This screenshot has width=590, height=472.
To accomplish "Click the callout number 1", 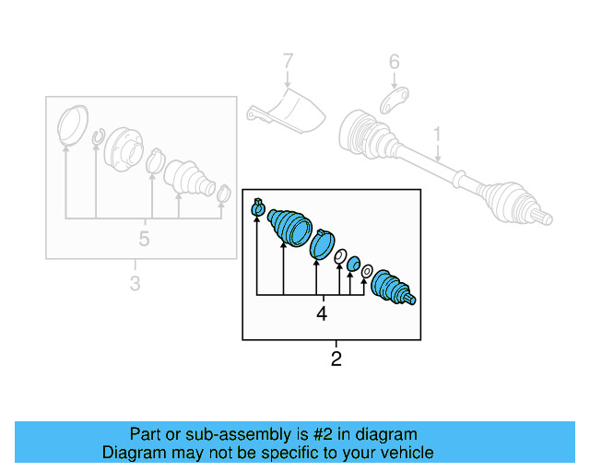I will [438, 135].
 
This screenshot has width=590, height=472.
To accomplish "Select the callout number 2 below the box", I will [336, 359].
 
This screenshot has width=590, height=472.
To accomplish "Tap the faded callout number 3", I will [135, 284].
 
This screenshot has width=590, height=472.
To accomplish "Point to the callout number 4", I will [322, 313].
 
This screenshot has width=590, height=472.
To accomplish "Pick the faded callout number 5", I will [144, 239].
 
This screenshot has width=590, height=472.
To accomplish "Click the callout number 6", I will [394, 63].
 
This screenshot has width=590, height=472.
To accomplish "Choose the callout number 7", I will [288, 63].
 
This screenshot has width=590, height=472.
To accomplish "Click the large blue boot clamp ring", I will [323, 244].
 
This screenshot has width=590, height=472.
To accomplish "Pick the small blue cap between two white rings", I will [352, 265].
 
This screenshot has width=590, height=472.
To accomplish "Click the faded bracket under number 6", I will [394, 96].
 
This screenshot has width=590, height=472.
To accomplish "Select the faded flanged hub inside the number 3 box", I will [124, 147].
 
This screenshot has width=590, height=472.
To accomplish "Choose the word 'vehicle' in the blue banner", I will [404, 453].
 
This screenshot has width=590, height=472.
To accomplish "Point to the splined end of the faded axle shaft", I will [543, 218].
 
